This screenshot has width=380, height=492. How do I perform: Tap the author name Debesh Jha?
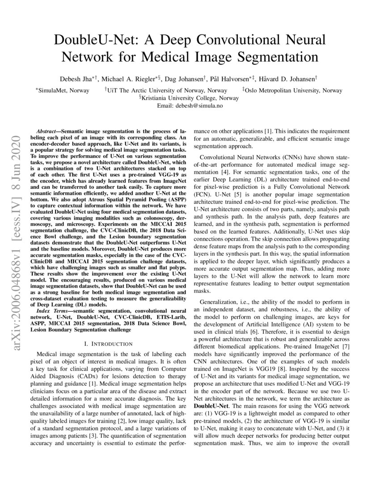click(79, 79)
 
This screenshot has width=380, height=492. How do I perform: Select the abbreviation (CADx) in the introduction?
click(83, 377)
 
